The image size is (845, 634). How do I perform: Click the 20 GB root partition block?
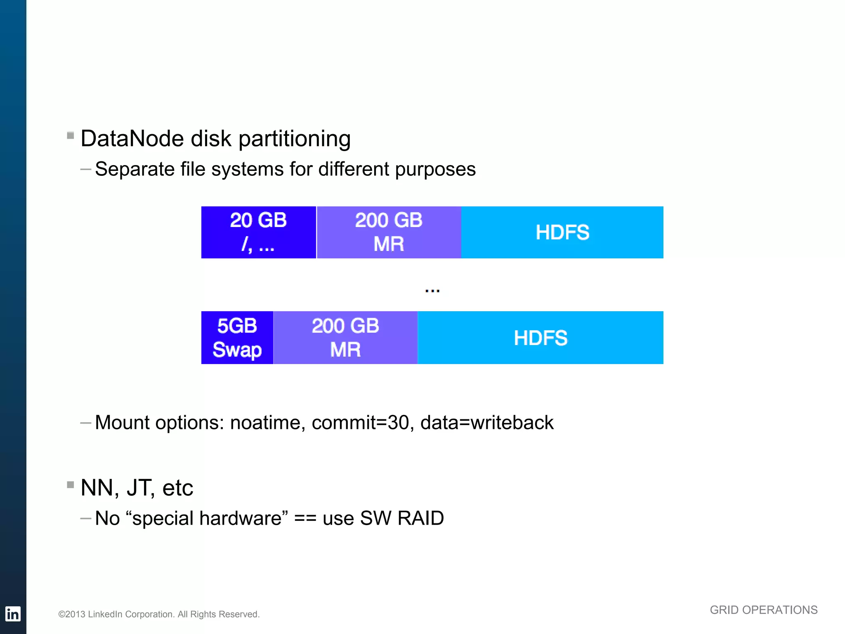click(258, 232)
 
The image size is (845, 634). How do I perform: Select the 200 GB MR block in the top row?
click(389, 232)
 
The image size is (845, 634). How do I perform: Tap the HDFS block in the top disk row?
click(562, 232)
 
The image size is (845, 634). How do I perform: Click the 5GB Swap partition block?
click(237, 338)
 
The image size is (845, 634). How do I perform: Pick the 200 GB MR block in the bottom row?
click(345, 338)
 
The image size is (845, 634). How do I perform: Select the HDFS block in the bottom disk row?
click(541, 338)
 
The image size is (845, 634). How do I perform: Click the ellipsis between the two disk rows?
click(432, 291)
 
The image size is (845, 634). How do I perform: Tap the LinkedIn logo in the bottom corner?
click(13, 614)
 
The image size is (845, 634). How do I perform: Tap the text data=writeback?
click(487, 423)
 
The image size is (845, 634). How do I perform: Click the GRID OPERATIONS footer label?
click(763, 610)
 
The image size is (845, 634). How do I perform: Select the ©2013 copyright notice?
click(159, 614)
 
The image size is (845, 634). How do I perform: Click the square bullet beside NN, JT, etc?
click(71, 485)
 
